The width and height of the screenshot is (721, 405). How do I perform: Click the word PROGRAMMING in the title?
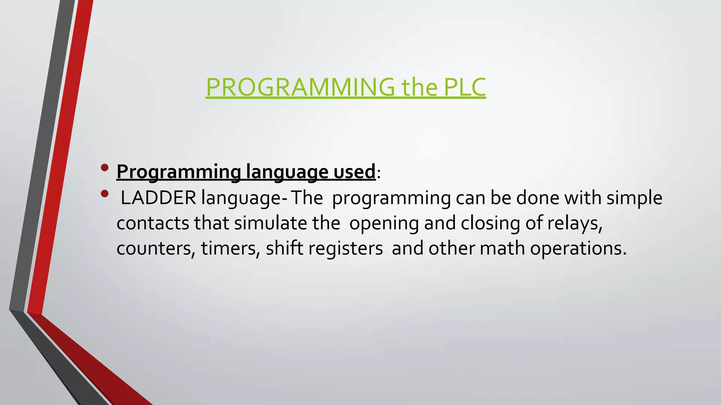300,87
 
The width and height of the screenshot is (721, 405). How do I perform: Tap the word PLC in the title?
464,87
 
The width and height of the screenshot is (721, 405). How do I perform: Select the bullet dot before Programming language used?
105,168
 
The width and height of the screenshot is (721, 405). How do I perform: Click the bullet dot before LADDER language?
105,194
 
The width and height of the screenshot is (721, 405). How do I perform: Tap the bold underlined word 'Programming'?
178,172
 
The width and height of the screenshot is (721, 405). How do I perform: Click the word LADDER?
158,198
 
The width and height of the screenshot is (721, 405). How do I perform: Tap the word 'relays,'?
575,224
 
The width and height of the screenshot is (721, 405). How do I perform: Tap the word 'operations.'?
578,249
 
